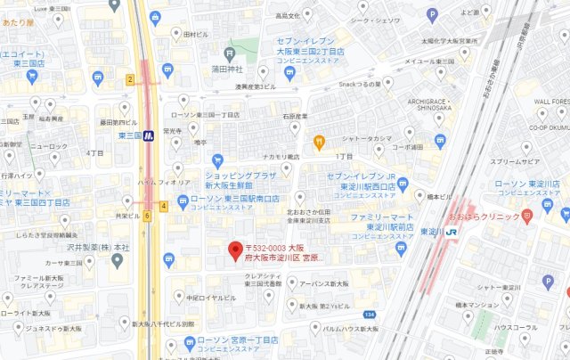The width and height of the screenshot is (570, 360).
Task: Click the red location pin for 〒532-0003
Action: point(235,250)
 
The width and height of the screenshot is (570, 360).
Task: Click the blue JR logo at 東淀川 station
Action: point(452,232)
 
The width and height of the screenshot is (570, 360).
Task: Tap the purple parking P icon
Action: point(432,13)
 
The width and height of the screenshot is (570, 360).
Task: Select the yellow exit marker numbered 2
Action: point(130,80)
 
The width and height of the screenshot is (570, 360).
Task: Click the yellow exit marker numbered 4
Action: point(164,206)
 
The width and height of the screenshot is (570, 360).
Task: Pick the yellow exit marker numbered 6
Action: point(147,216)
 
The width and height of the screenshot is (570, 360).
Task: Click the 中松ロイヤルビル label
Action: point(211,299)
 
